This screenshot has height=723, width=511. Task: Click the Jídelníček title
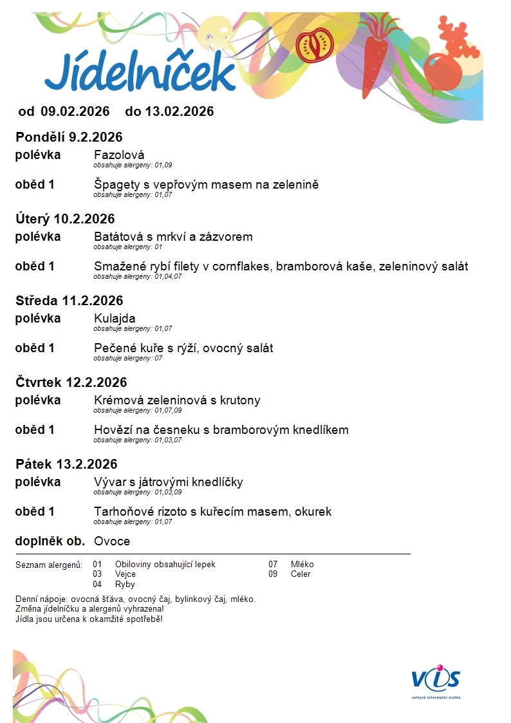pyautogui.click(x=140, y=71)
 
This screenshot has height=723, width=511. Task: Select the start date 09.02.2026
pyautogui.click(x=75, y=111)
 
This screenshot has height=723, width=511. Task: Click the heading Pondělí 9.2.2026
pyautogui.click(x=69, y=137)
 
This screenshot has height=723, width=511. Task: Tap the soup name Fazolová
pyautogui.click(x=119, y=155)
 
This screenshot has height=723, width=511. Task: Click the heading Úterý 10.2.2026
pyautogui.click(x=65, y=219)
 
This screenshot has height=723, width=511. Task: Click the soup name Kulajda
pyautogui.click(x=115, y=319)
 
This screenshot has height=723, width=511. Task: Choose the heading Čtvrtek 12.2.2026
pyautogui.click(x=71, y=382)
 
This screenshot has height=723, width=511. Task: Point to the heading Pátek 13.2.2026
pyautogui.click(x=66, y=464)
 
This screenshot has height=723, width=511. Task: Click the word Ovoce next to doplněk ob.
pyautogui.click(x=112, y=541)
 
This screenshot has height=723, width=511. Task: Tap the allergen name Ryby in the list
pyautogui.click(x=125, y=584)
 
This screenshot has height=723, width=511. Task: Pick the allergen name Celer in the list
pyautogui.click(x=301, y=574)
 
